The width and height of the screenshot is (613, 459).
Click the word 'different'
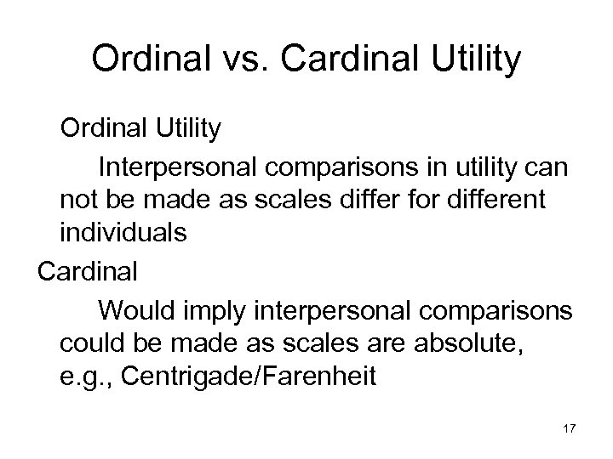(503, 199)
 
